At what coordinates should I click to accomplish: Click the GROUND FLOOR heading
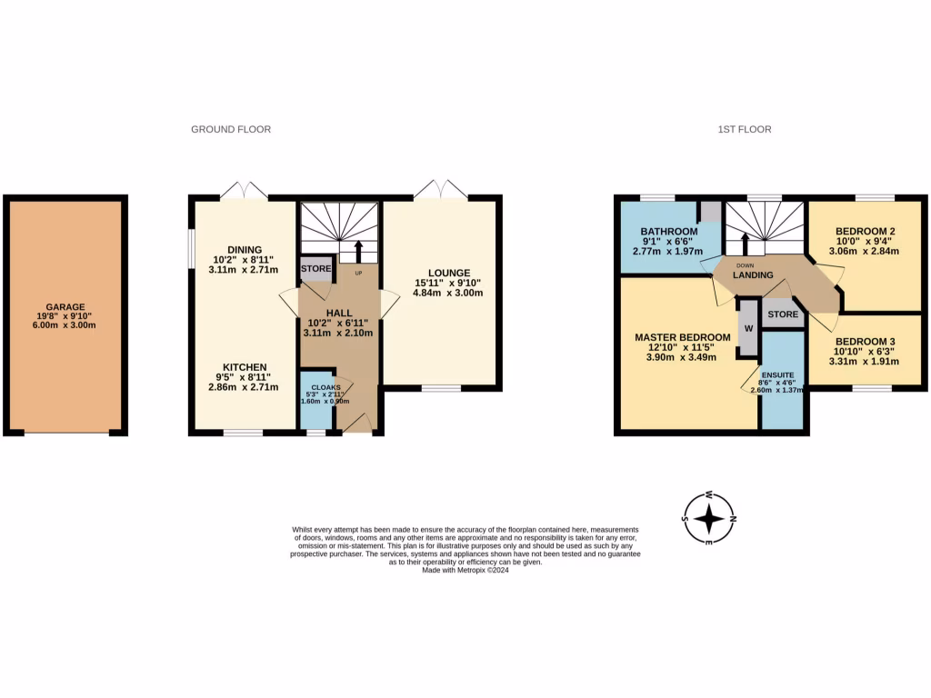pyautogui.click(x=231, y=130)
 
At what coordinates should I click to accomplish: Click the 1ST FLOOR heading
pyautogui.click(x=744, y=130)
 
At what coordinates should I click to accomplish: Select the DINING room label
pyautogui.click(x=245, y=250)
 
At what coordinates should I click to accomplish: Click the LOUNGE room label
pyautogui.click(x=450, y=273)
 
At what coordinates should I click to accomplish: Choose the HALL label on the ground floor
pyautogui.click(x=337, y=312)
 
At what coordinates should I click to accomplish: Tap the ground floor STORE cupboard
pyautogui.click(x=315, y=269)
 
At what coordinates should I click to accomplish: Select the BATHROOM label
pyautogui.click(x=668, y=232)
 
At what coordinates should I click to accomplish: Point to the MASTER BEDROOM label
pyautogui.click(x=682, y=336)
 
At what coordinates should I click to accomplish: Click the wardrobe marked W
pyautogui.click(x=748, y=328)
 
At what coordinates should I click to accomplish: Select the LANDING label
pyautogui.click(x=754, y=275)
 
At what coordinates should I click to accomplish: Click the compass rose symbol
pyautogui.click(x=710, y=519)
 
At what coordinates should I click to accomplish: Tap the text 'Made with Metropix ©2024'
pyautogui.click(x=465, y=570)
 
